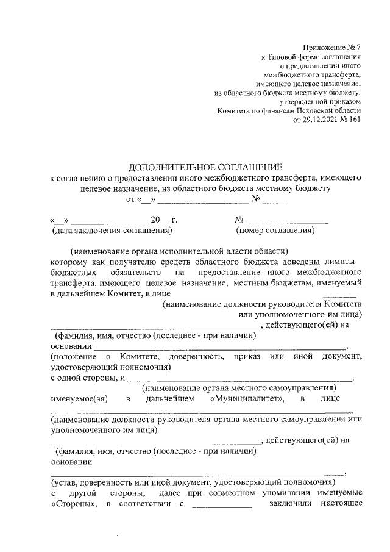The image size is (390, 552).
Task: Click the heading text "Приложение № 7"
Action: click(x=332, y=48)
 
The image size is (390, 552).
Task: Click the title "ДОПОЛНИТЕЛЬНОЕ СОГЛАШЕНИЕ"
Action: click(x=206, y=167)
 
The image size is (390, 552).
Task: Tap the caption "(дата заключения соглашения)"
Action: click(x=112, y=231)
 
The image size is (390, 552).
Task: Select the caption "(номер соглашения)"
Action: click(x=275, y=231)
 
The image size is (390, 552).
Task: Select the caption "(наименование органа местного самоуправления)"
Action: click(x=238, y=388)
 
